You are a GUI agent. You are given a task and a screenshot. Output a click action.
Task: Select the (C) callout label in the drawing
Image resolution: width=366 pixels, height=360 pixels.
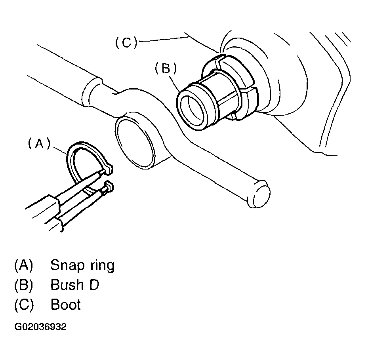(126, 42)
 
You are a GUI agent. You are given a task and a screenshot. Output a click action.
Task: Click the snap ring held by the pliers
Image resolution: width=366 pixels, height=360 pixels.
(74, 158)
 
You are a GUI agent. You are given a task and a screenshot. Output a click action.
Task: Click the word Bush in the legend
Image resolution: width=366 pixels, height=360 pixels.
(66, 285)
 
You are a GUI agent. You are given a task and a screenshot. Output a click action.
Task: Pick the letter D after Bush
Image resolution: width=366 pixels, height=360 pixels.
(94, 285)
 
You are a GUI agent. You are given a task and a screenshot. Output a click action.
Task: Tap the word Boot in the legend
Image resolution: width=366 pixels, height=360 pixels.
(66, 305)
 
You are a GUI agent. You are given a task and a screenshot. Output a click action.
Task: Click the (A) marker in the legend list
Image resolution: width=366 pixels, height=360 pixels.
(24, 265)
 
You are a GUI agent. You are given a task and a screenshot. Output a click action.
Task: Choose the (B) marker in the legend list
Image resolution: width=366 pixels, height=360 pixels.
(24, 285)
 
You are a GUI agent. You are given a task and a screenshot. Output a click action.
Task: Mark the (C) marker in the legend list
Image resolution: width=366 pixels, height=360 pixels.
(24, 305)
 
